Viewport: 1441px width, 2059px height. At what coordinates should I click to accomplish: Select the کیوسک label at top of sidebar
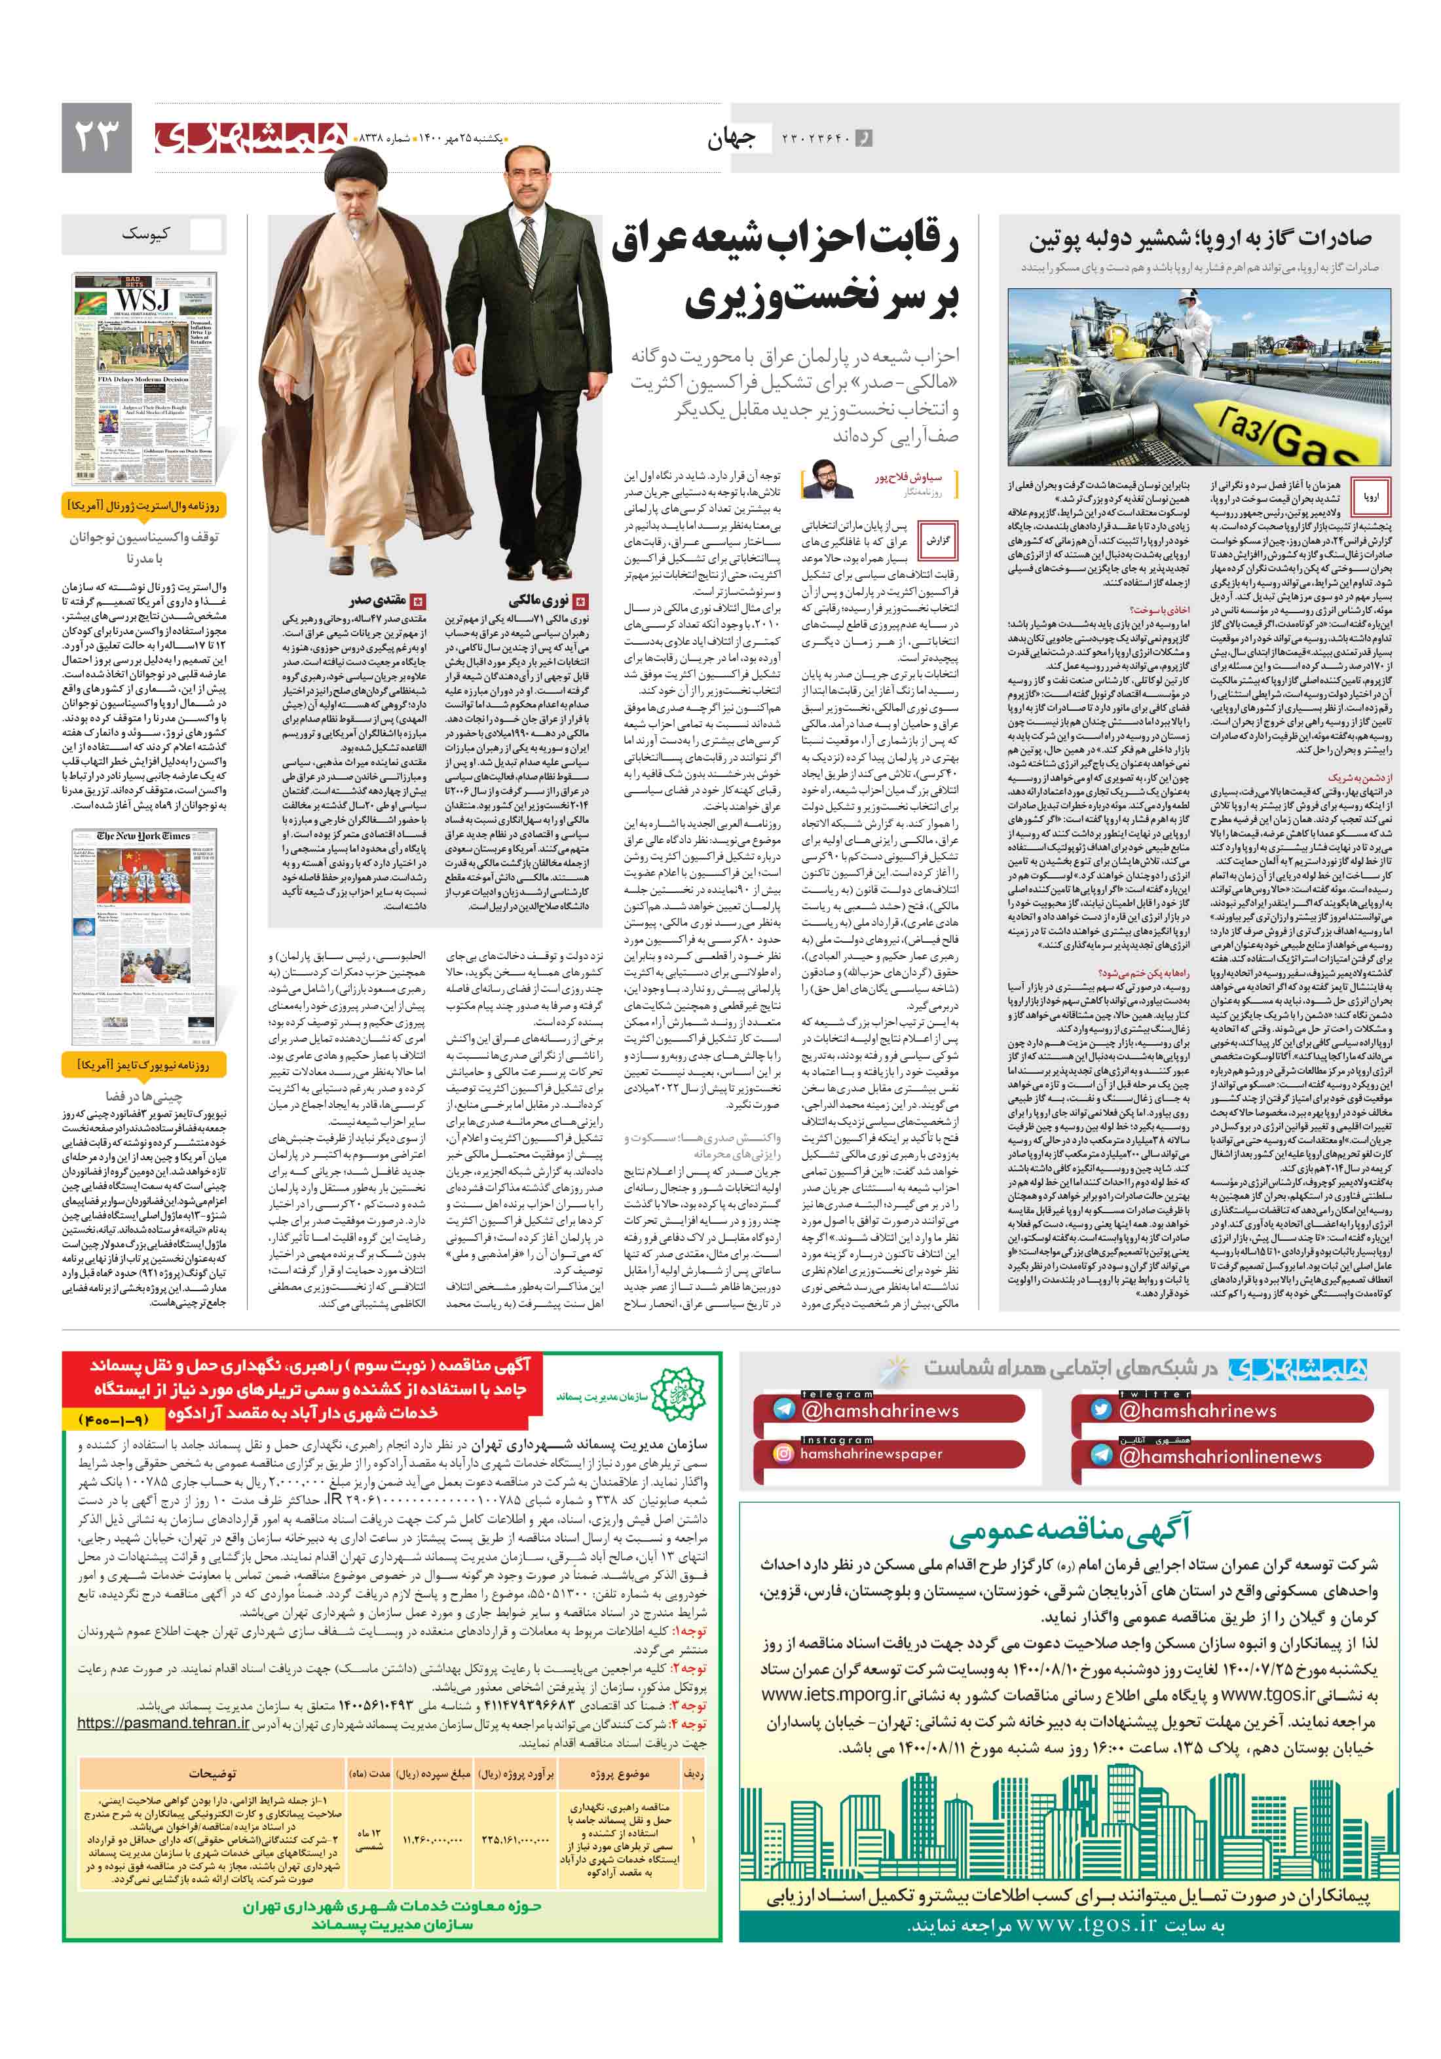145,234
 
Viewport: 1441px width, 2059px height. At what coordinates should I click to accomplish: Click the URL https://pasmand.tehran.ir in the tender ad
162,1723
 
